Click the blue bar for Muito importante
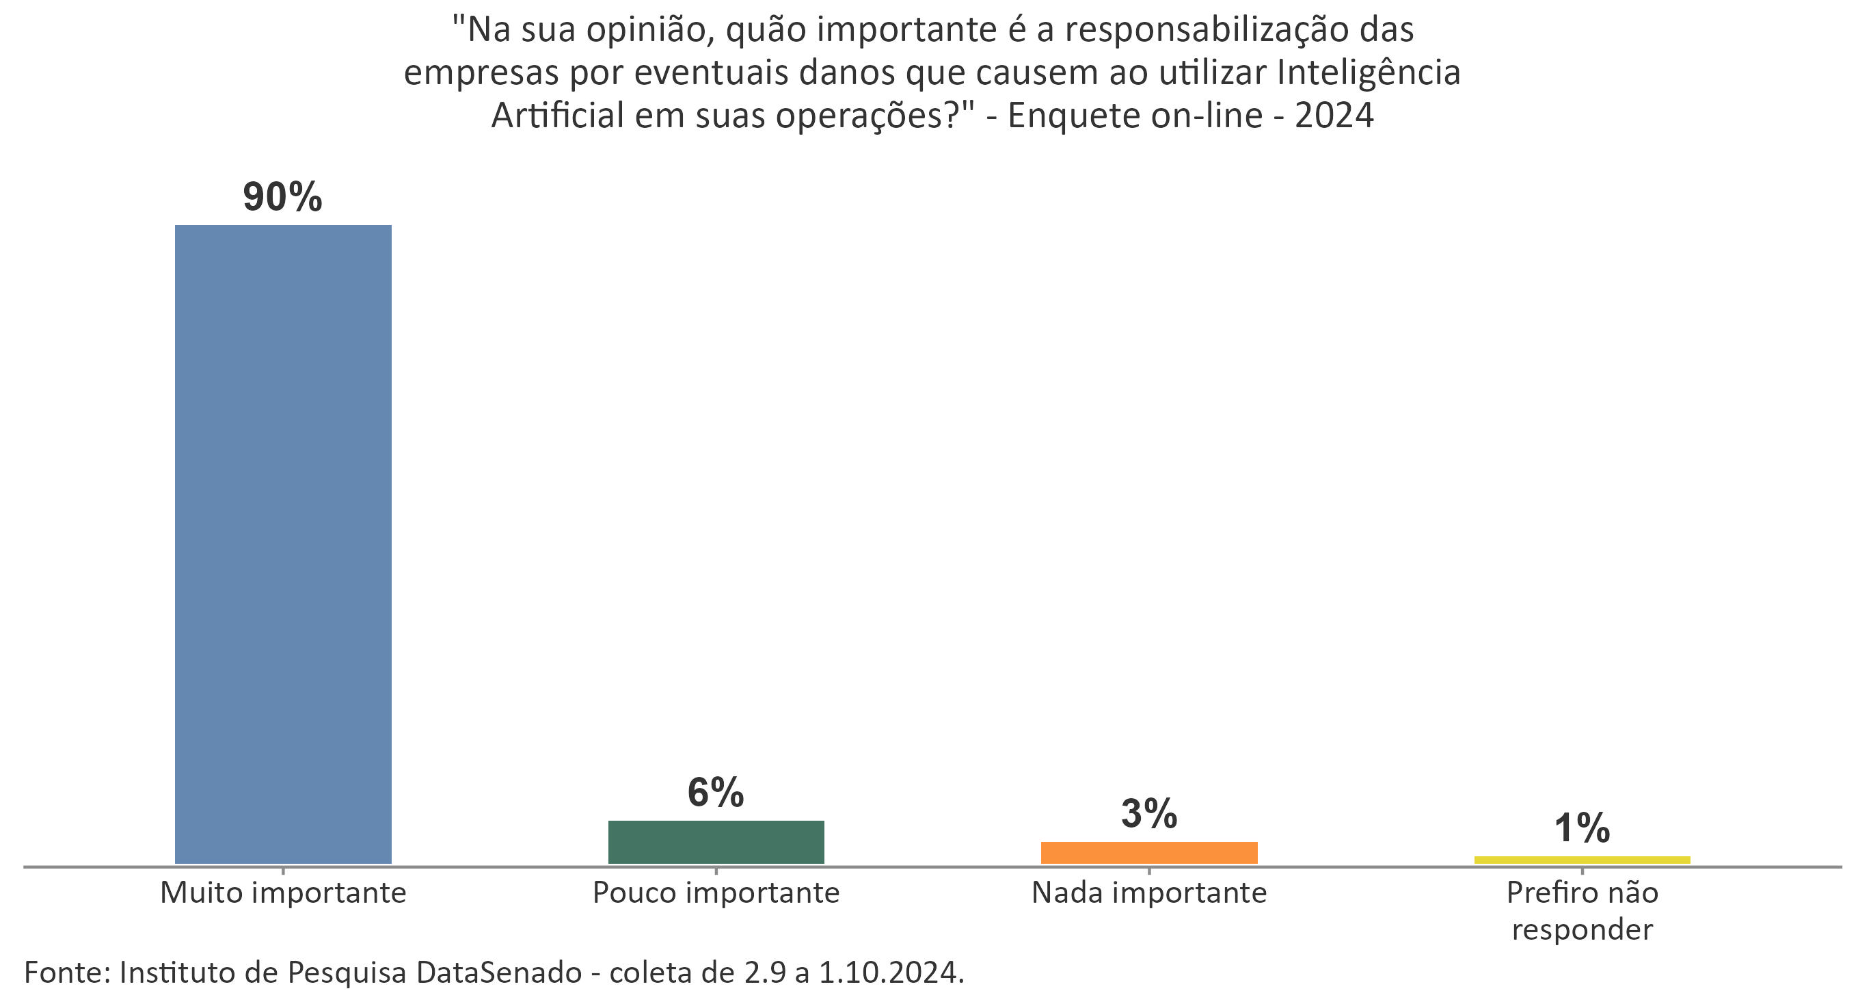(283, 544)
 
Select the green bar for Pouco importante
(716, 842)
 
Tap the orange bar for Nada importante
(1149, 852)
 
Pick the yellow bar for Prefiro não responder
(1582, 860)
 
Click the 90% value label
(282, 197)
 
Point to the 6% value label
(716, 793)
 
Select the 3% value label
(1149, 813)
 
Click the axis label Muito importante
(283, 893)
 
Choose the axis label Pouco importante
(716, 893)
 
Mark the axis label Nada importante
(1149, 893)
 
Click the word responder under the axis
(1582, 929)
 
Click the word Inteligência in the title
(1369, 74)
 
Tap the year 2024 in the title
(1334, 116)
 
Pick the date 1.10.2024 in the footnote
(890, 973)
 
